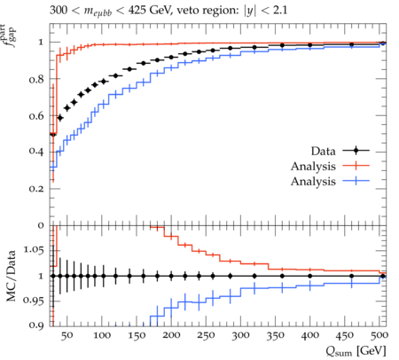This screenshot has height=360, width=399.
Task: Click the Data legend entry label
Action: pos(323,151)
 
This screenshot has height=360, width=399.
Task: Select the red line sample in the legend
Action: pos(356,166)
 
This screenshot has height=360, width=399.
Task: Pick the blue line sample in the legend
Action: pos(356,181)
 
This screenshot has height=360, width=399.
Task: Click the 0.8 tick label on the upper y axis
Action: pos(36,80)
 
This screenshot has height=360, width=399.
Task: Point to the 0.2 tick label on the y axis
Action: pos(36,189)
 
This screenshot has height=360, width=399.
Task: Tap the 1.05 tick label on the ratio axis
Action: pos(33,250)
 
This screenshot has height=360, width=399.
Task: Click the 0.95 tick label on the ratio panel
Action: pos(33,301)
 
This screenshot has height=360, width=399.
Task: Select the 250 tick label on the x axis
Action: pos(206,335)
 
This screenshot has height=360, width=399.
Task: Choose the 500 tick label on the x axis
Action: pos(379,335)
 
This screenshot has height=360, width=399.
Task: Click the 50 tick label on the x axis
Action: pos(67,335)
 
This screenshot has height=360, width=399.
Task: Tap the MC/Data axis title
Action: pos(12,276)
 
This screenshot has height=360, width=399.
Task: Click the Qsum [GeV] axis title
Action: pos(356,351)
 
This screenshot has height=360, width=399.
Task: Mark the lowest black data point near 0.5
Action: pos(53,135)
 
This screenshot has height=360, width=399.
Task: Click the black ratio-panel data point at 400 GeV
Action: pos(310,276)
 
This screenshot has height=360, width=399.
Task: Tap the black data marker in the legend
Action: pos(356,151)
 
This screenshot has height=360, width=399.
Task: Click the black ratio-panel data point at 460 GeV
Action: pos(351,276)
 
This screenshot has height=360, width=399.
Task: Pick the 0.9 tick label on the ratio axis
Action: pos(36,325)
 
